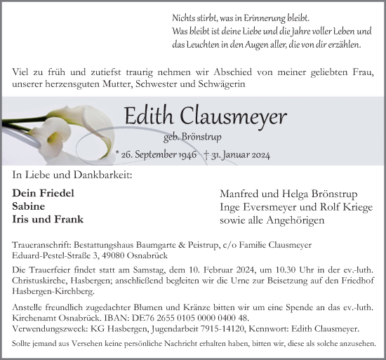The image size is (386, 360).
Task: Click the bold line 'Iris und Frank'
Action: (x=48, y=220)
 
